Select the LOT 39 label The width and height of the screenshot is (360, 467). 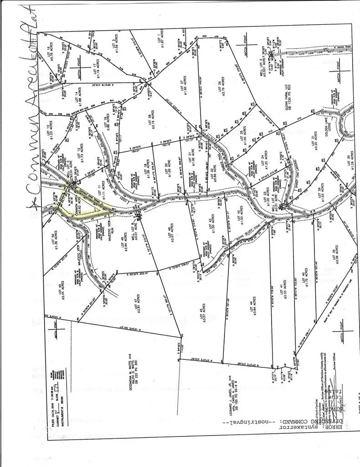click(336, 257)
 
